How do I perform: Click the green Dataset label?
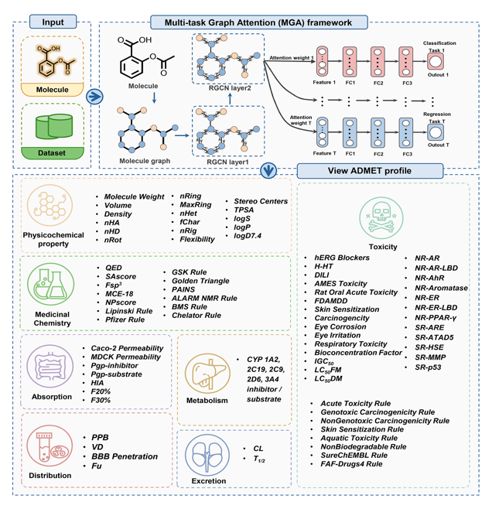click(53, 153)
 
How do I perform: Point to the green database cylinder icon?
click(53, 125)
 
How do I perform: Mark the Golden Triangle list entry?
click(199, 281)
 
